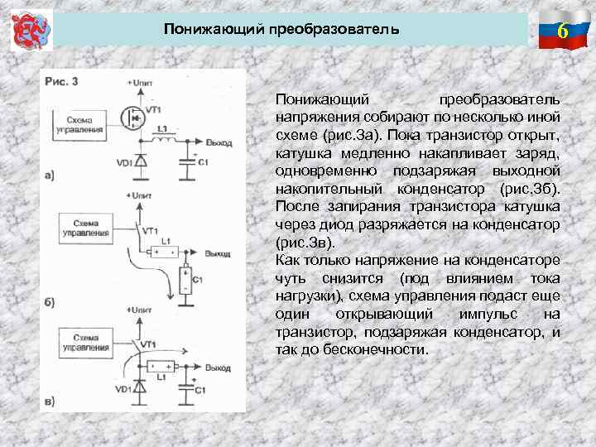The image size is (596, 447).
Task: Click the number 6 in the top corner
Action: [x=562, y=32]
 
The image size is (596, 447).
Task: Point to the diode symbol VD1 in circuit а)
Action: [x=141, y=161]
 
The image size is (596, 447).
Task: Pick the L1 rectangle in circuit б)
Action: [x=164, y=251]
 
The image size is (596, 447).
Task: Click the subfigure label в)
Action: [x=50, y=401]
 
